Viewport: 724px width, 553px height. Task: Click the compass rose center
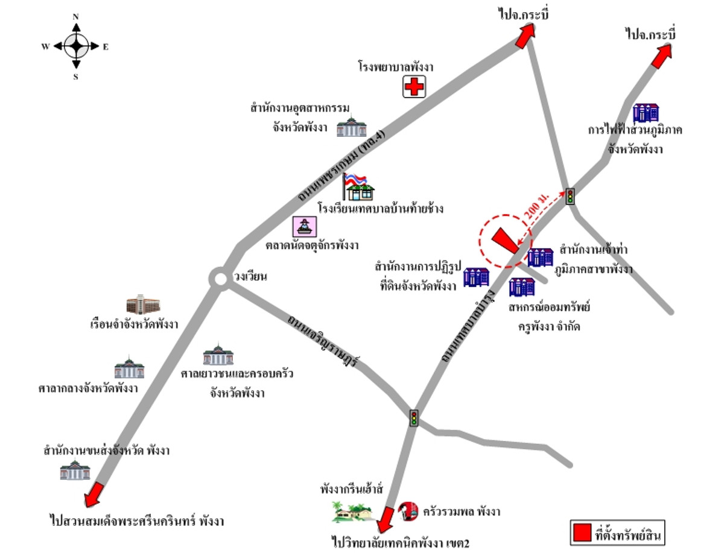(x=76, y=45)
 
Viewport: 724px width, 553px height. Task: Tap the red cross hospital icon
(x=414, y=87)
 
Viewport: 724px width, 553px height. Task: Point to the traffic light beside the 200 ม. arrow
(x=570, y=196)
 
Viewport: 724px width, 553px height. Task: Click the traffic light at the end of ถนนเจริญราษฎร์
(x=414, y=418)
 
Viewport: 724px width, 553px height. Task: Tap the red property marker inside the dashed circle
(x=505, y=241)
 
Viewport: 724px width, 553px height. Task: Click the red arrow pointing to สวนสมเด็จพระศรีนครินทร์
(x=94, y=495)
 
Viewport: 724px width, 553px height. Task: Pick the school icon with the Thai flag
(x=359, y=187)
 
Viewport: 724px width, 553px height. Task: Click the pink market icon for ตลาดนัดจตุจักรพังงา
(x=305, y=227)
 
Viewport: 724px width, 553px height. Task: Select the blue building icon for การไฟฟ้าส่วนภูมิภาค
(x=646, y=112)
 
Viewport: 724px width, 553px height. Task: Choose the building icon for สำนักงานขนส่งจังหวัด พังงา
(x=75, y=469)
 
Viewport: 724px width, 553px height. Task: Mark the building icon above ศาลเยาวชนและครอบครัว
(x=218, y=355)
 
